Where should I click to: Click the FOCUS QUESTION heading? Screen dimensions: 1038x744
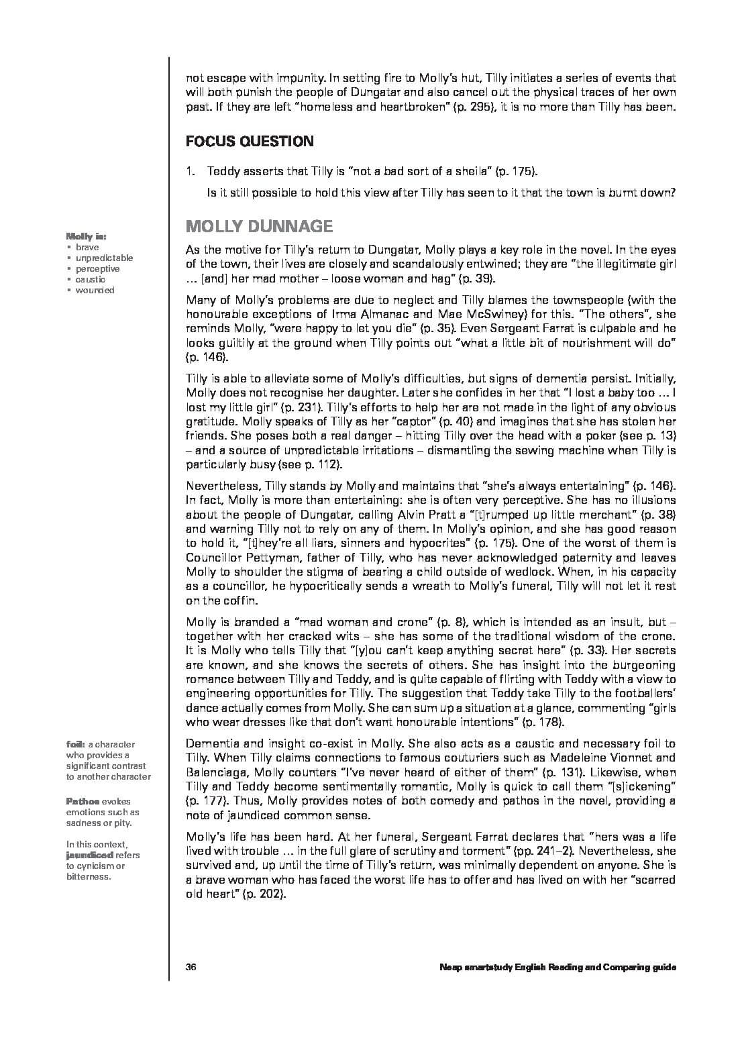click(250, 142)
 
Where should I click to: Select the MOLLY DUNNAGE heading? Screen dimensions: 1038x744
click(259, 225)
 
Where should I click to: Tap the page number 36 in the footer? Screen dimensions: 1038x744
click(191, 967)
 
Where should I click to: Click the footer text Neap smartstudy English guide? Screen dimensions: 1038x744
click(557, 967)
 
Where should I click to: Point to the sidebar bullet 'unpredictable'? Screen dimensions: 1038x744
click(104, 258)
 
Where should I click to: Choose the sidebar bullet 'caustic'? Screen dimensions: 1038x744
click(90, 279)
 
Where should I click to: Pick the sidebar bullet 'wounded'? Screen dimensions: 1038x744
click(95, 290)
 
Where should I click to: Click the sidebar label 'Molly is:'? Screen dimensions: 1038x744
click(87, 236)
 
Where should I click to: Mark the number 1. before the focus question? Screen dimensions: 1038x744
click(191, 172)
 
